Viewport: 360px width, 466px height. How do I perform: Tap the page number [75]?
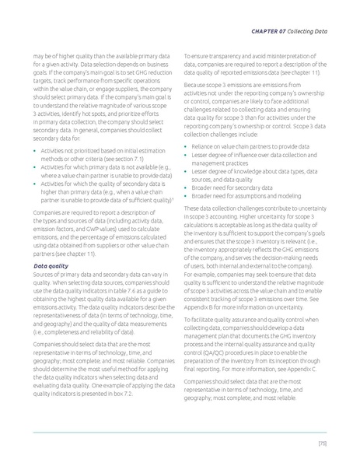coord(321,443)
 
